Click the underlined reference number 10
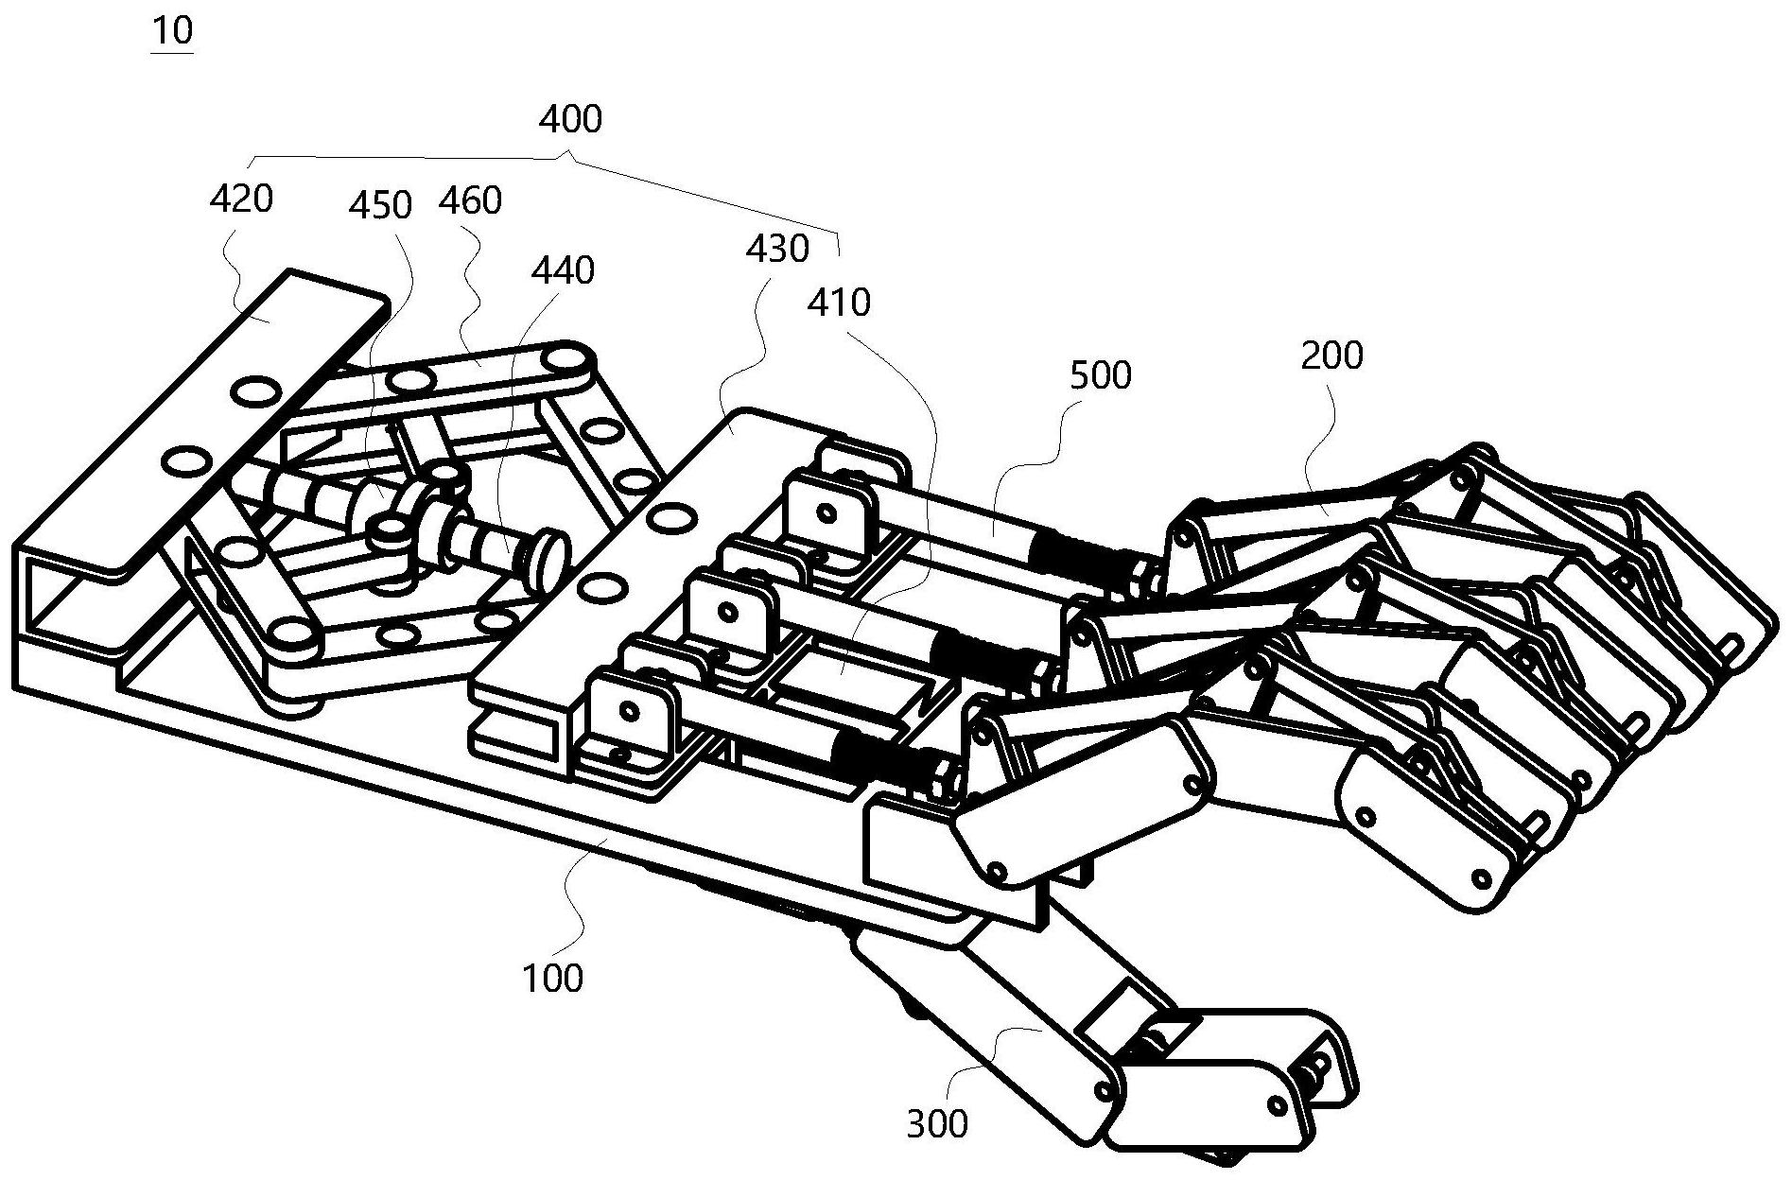click(172, 30)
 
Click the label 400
click(570, 120)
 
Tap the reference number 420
click(241, 199)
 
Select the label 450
click(380, 205)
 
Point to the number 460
click(470, 200)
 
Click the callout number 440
click(563, 270)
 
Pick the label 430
click(777, 249)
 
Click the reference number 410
click(839, 303)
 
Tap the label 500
click(1100, 376)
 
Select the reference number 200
click(1331, 356)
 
